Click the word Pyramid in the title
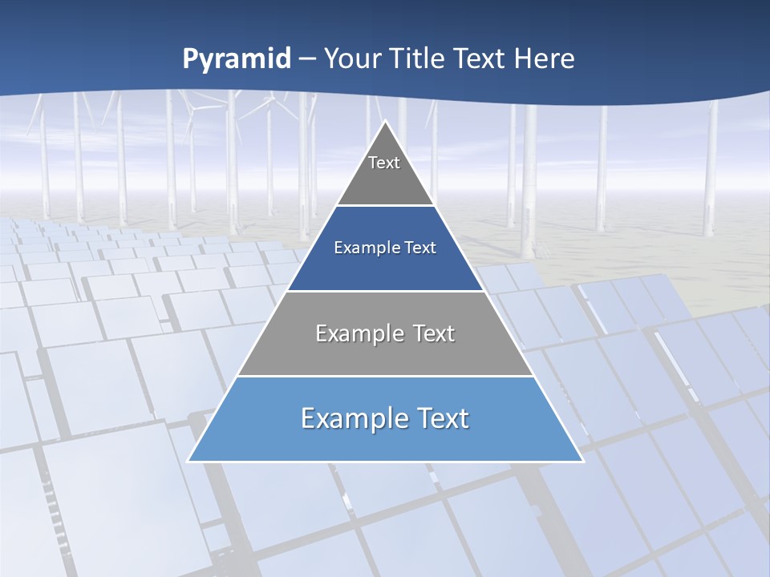(237, 59)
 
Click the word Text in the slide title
(482, 59)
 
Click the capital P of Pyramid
(189, 59)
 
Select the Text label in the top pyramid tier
(384, 163)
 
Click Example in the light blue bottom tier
(346, 418)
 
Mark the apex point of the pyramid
(385, 121)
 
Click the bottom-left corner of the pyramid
(188, 462)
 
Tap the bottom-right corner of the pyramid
(583, 462)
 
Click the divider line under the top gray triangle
(385, 206)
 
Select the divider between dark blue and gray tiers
(385, 291)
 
